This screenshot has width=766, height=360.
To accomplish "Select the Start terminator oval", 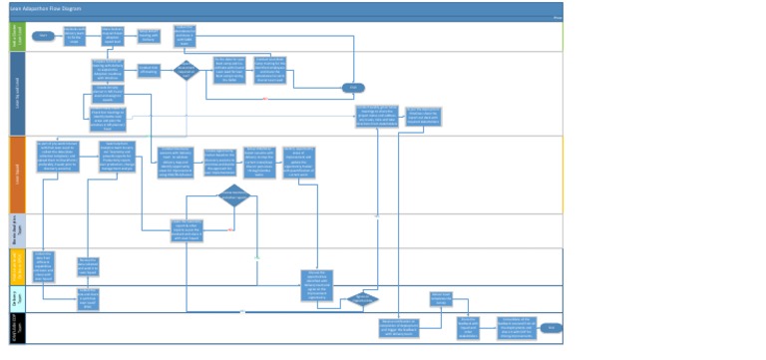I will coord(43,36).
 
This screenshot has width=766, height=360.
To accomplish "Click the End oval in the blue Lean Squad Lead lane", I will coord(351,88).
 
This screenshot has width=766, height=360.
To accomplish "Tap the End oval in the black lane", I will coord(551,327).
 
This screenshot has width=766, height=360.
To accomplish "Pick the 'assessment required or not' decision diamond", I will coord(186,70).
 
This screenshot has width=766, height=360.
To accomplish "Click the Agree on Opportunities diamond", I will coord(364,298).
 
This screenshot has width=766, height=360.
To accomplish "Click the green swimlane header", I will coord(15,36).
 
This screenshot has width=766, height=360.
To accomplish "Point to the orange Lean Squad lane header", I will coord(15,175).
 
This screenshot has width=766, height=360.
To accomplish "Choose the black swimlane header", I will coord(15,326).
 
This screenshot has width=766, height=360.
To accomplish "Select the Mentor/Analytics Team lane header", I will coord(15,229).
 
